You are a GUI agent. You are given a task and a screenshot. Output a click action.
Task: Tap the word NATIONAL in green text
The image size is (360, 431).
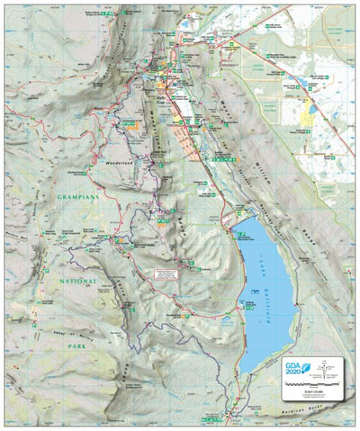click(x=72, y=281)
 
